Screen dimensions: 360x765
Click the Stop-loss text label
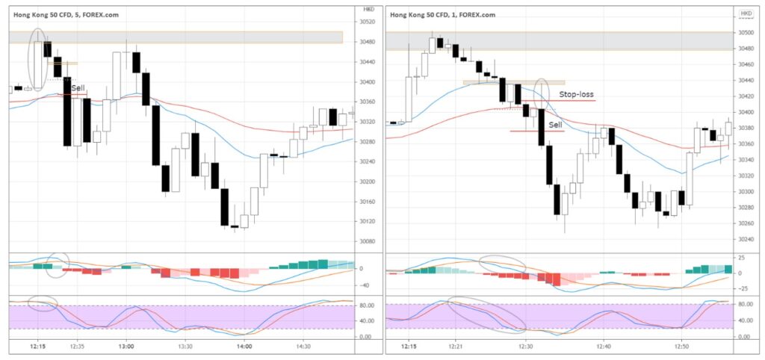576,95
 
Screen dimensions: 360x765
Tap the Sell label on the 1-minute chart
556,125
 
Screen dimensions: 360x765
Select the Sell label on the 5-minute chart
78,87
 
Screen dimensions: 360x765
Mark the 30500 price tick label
746,33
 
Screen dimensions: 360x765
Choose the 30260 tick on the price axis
746,223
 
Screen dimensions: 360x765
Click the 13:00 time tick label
126,347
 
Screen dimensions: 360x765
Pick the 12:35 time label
77,347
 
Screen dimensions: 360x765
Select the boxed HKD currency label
746,13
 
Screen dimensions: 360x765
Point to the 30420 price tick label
746,96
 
